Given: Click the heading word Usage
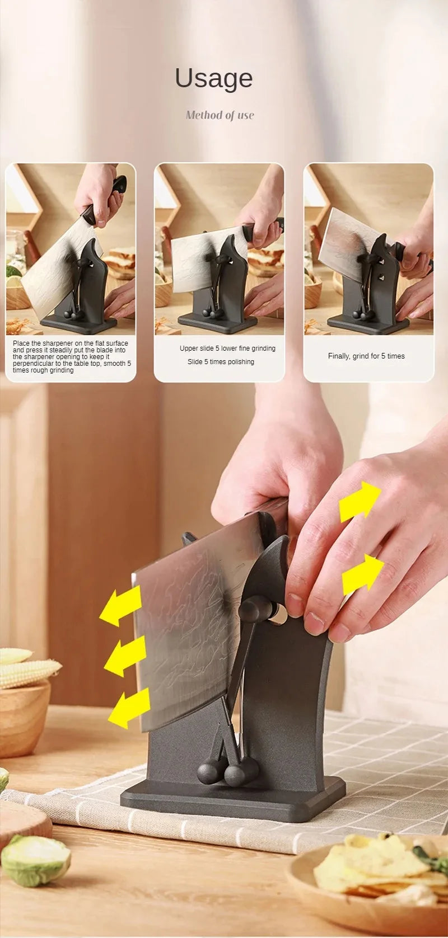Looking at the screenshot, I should coord(214,78).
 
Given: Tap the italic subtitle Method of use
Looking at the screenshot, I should coord(220,115).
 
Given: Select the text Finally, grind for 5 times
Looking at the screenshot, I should coord(366,356).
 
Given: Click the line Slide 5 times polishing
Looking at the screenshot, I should coord(221,362).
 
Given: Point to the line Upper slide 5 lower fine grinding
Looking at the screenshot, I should coord(227,348).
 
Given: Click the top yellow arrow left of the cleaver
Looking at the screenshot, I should coord(121,606).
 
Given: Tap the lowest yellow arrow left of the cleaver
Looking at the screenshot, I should coord(129,708).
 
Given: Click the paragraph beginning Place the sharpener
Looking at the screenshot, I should coord(71,357).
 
